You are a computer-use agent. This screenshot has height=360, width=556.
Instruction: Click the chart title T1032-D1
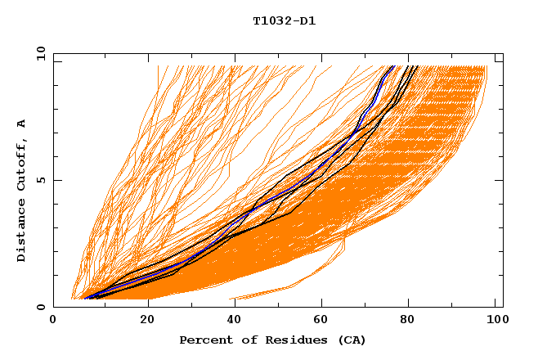pos(284,20)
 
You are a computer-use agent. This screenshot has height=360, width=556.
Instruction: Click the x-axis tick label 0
pos(54,321)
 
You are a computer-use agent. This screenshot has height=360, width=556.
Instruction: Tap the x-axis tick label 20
pos(142,321)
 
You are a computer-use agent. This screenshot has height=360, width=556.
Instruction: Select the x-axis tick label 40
pos(231,321)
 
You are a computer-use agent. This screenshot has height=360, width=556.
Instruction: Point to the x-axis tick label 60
pos(320,321)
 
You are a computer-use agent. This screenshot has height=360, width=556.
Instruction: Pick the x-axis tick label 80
pos(408,321)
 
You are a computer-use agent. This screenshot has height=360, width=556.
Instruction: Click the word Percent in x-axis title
pos(205,340)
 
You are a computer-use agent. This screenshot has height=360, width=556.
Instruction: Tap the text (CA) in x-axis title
pos(352,340)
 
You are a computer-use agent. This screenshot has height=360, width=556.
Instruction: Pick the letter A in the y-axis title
pos(21,124)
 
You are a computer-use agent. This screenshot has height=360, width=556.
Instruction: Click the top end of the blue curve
pos(392,66)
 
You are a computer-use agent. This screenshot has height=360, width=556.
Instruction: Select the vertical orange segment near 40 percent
pos(230,139)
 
